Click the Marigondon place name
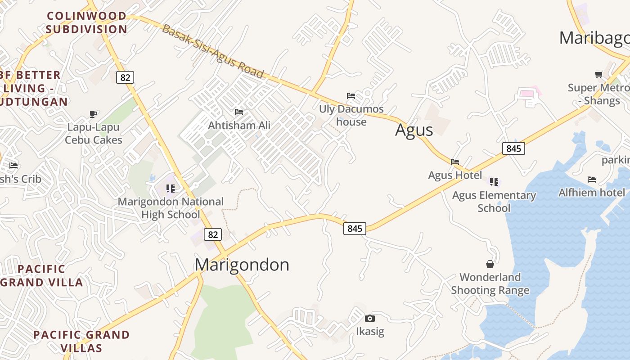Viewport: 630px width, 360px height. coord(242,265)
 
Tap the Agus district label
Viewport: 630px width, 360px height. coord(414,130)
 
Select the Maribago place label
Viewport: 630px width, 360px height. coord(594,38)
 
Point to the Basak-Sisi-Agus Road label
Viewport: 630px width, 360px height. coord(212,51)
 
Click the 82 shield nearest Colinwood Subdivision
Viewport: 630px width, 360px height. coord(125,77)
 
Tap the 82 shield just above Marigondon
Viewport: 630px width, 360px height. coord(213,234)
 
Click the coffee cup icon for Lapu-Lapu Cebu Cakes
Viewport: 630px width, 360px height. coord(93,114)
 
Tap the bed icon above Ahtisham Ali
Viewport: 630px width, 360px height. coord(239,112)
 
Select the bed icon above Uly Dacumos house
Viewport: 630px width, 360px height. coord(351,95)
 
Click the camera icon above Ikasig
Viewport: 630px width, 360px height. coord(370,319)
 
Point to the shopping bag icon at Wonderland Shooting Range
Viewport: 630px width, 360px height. coord(490,264)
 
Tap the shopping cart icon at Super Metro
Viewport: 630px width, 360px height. coord(598,74)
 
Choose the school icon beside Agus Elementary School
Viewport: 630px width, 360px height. coord(494,182)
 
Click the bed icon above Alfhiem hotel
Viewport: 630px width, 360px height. coord(592,179)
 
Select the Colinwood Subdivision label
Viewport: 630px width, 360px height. coord(86,22)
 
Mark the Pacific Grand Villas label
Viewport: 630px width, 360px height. coord(81,342)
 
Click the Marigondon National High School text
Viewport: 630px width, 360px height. coord(171,208)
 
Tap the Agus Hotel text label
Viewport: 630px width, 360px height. coord(455,175)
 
